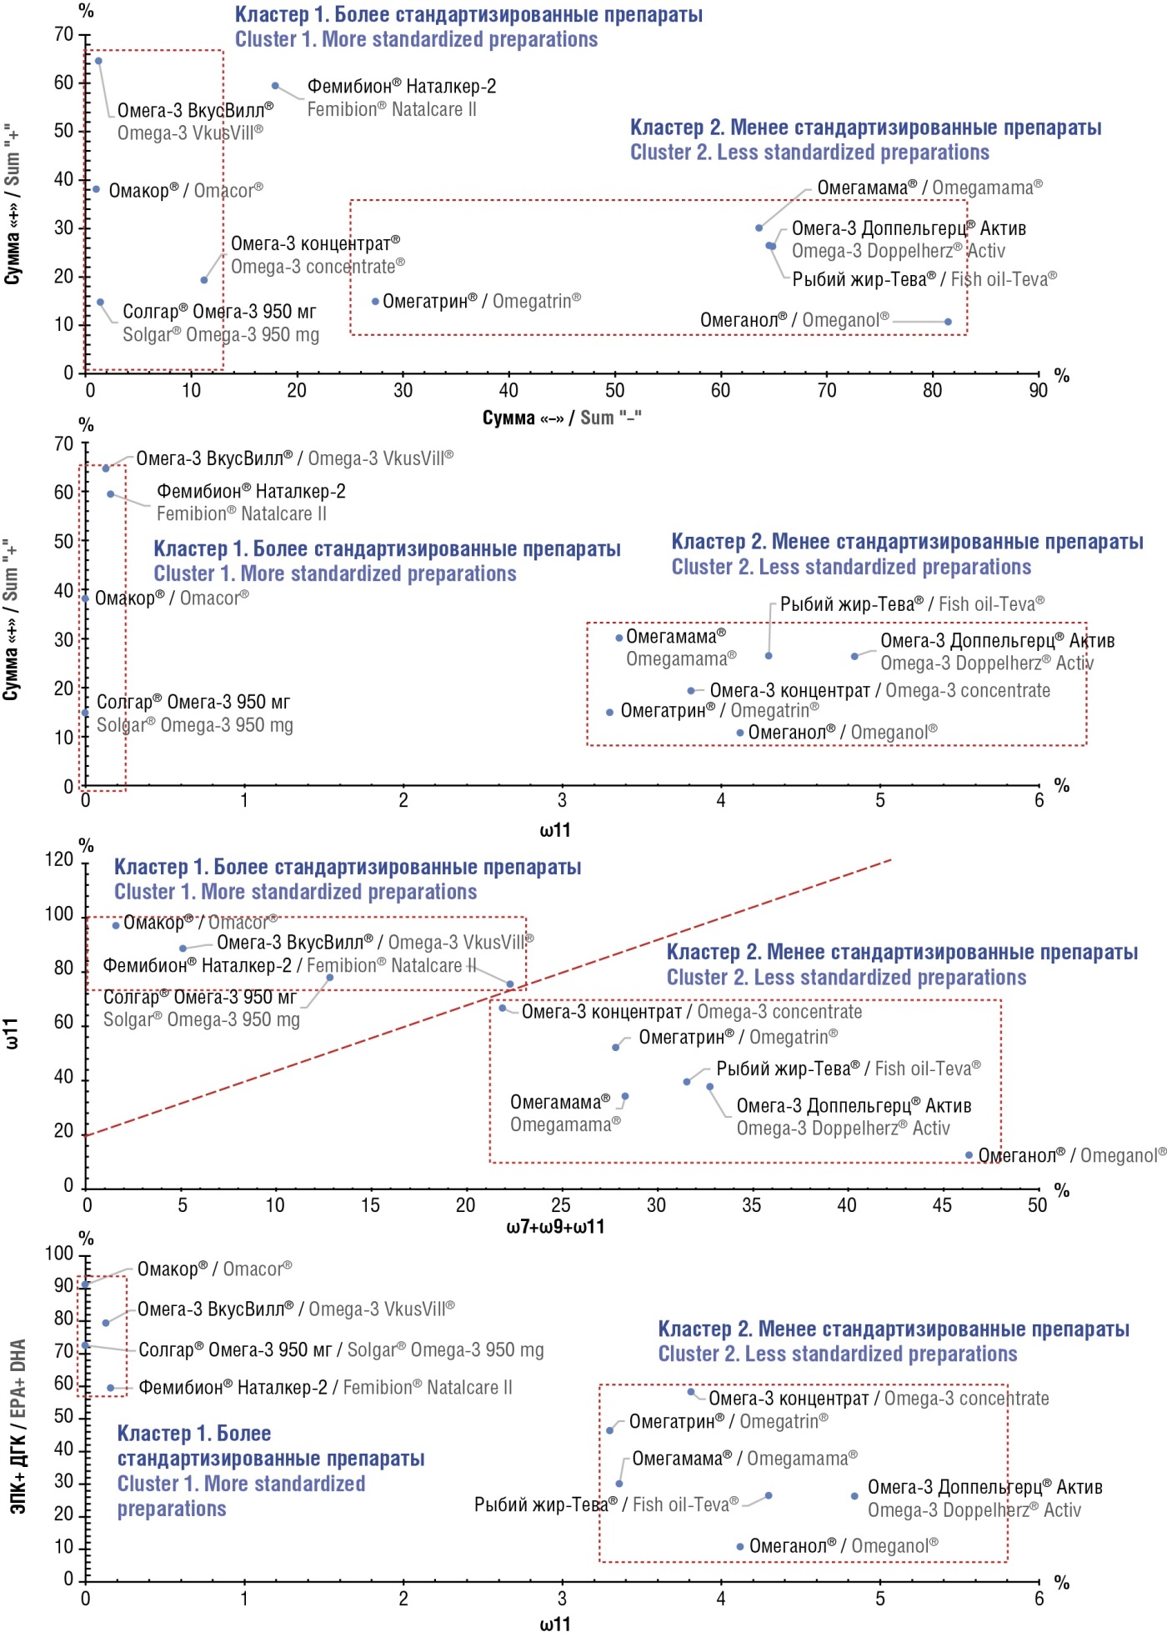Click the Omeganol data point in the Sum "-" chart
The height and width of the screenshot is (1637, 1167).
tap(948, 322)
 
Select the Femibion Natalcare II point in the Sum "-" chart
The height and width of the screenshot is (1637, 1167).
tap(275, 86)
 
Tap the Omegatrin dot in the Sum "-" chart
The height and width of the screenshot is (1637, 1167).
tap(375, 302)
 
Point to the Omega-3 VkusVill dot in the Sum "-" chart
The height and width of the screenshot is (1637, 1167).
tap(98, 61)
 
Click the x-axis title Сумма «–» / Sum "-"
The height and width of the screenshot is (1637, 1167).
tap(562, 418)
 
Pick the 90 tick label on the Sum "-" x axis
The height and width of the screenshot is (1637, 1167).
tap(1038, 390)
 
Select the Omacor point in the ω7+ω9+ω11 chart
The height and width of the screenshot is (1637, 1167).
tap(116, 925)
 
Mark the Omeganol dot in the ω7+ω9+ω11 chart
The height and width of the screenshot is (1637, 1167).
tap(969, 1155)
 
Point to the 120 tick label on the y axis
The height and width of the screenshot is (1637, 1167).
tap(59, 859)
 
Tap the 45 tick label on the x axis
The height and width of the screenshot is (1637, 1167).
tap(942, 1205)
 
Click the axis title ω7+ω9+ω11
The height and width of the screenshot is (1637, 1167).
tap(555, 1227)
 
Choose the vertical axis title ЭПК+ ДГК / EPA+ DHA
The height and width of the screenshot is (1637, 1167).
tap(18, 1425)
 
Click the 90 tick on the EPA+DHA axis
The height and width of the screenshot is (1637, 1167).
tap(64, 1285)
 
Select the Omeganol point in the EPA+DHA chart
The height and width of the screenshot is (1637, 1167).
tap(739, 1547)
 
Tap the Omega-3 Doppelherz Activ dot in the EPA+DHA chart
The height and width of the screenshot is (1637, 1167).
tap(854, 1496)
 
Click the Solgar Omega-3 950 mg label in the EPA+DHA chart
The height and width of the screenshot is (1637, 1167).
tap(340, 1349)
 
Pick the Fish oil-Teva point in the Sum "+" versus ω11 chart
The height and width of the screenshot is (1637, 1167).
tap(769, 656)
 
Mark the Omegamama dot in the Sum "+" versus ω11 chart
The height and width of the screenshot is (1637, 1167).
tap(619, 638)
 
